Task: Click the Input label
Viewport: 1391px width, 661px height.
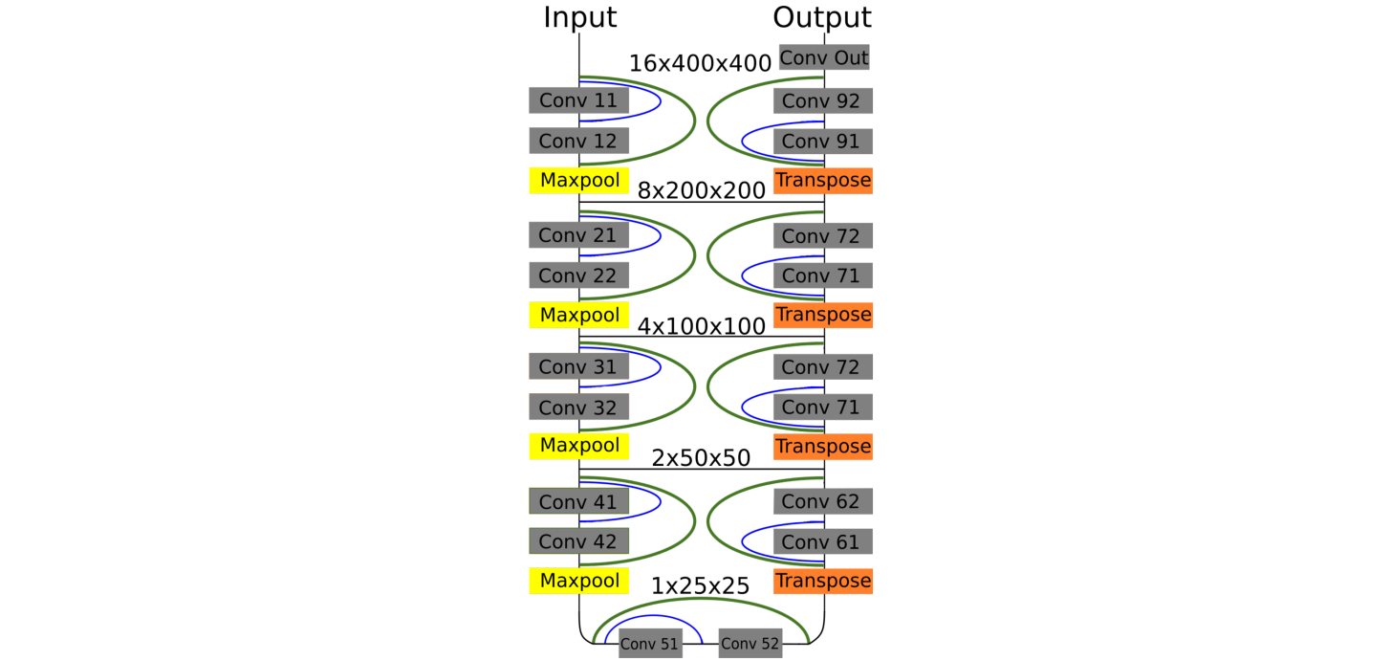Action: pos(579,17)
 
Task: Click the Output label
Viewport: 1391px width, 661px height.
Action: pos(822,17)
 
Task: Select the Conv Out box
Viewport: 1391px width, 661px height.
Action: pos(824,57)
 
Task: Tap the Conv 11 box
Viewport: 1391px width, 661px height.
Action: pos(578,100)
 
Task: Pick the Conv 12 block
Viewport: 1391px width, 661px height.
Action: pos(578,141)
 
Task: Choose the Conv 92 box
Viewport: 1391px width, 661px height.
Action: pos(822,100)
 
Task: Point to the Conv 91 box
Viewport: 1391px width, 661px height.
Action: pos(822,141)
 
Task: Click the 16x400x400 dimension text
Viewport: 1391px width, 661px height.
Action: pos(700,63)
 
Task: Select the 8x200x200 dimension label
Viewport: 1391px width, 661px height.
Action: pos(702,190)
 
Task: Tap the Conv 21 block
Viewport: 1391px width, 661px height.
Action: pos(578,235)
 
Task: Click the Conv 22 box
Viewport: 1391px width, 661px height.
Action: pos(578,275)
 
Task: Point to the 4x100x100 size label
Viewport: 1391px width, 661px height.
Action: pos(702,325)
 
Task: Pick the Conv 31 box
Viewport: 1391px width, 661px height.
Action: pos(578,366)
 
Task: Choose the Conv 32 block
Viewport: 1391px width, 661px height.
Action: pos(578,407)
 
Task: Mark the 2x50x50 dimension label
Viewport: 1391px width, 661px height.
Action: pos(701,458)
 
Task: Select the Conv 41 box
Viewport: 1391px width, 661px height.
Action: pos(578,501)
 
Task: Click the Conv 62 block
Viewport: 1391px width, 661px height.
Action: pos(822,501)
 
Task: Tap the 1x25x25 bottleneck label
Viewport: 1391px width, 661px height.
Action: pos(701,586)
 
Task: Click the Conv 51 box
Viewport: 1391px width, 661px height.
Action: pos(649,644)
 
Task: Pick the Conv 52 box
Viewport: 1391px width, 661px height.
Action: pos(750,644)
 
